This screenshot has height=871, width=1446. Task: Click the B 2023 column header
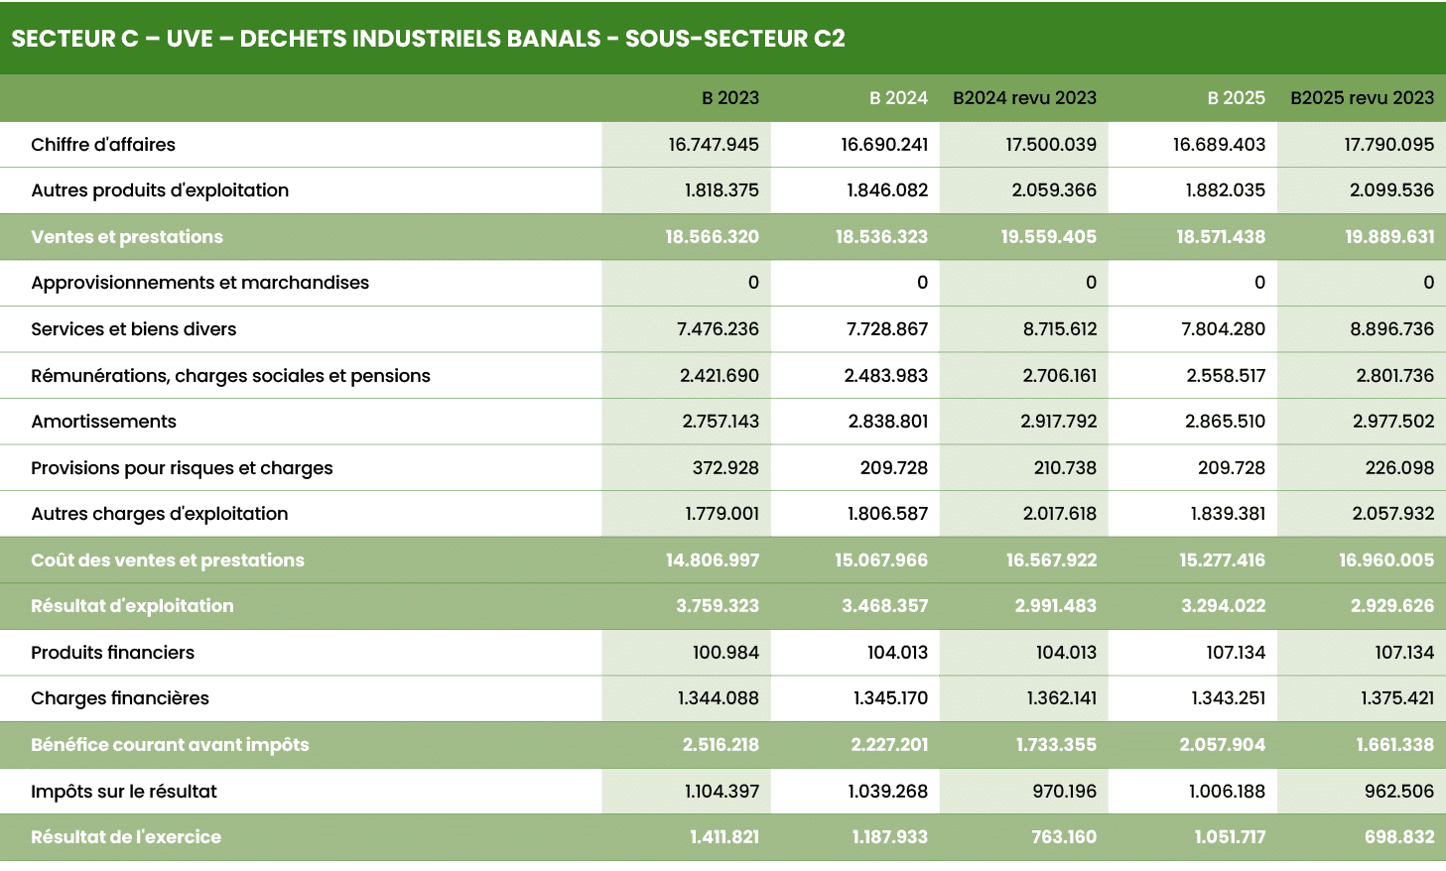[x=729, y=98]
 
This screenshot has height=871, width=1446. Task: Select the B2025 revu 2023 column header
[x=1362, y=98]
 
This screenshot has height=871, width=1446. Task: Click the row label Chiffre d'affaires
[x=103, y=145]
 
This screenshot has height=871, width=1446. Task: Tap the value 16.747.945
[x=713, y=145]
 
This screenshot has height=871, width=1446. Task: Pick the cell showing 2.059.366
[x=1053, y=190]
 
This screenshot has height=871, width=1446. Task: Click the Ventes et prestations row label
[x=127, y=237]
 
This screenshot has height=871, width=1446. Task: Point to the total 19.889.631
[x=1388, y=237]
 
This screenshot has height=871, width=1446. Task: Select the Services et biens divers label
[x=134, y=329]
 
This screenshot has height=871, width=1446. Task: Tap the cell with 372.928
[x=724, y=468]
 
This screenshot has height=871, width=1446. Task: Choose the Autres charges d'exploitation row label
[x=160, y=514]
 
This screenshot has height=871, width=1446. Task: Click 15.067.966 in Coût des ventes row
[x=880, y=560]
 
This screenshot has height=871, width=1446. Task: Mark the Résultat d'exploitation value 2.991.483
[x=1055, y=606]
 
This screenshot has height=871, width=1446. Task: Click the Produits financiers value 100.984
[x=724, y=653]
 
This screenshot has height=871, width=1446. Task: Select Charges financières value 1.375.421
[x=1396, y=698]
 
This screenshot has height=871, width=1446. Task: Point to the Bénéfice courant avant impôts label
[x=170, y=745]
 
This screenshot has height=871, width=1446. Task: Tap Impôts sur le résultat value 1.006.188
[x=1227, y=792]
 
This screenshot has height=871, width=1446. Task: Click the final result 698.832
[x=1398, y=837]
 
